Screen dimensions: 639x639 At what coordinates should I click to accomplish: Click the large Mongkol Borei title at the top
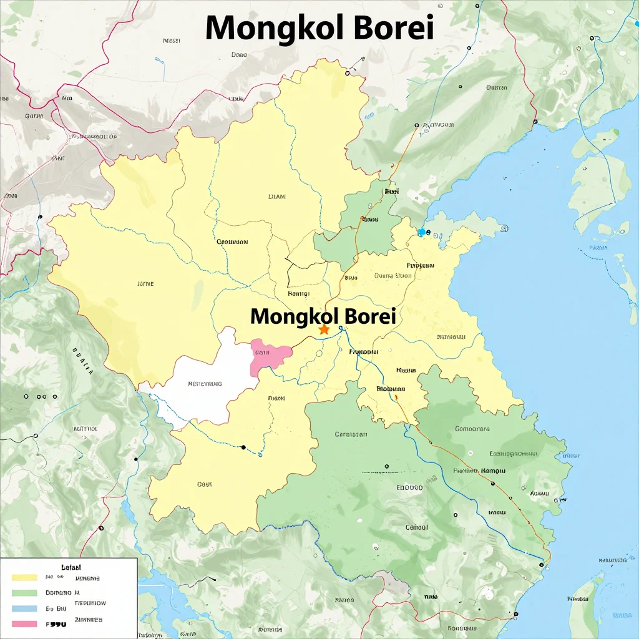pos(319,27)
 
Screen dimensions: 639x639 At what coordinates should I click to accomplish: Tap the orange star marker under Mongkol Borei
pos(324,329)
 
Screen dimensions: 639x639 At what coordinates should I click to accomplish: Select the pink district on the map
pos(270,356)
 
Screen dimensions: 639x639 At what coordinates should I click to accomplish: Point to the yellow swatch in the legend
pos(25,578)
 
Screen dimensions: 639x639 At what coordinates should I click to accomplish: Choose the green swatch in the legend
pos(25,592)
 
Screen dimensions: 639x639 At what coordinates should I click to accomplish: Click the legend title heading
pos(71,567)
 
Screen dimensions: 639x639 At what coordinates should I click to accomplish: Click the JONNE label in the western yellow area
pos(145,283)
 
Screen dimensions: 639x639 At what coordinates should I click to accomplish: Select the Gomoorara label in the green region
pos(472,429)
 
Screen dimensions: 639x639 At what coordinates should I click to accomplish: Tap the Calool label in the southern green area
pos(417,527)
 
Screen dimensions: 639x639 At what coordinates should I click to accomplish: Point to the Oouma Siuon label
pos(393,275)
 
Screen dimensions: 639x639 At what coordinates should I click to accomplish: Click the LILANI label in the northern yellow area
pos(276,197)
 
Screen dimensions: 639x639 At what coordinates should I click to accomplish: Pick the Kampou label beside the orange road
pos(493,471)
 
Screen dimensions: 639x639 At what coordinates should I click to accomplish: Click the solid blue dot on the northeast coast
pos(422,232)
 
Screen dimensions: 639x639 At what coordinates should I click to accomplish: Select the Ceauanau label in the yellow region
pos(232,241)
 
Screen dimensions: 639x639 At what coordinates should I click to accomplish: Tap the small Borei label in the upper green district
pos(391,192)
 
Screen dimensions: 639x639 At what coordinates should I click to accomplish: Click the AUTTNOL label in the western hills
pos(85,429)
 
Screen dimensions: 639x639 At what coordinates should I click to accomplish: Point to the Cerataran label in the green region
pos(351,434)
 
